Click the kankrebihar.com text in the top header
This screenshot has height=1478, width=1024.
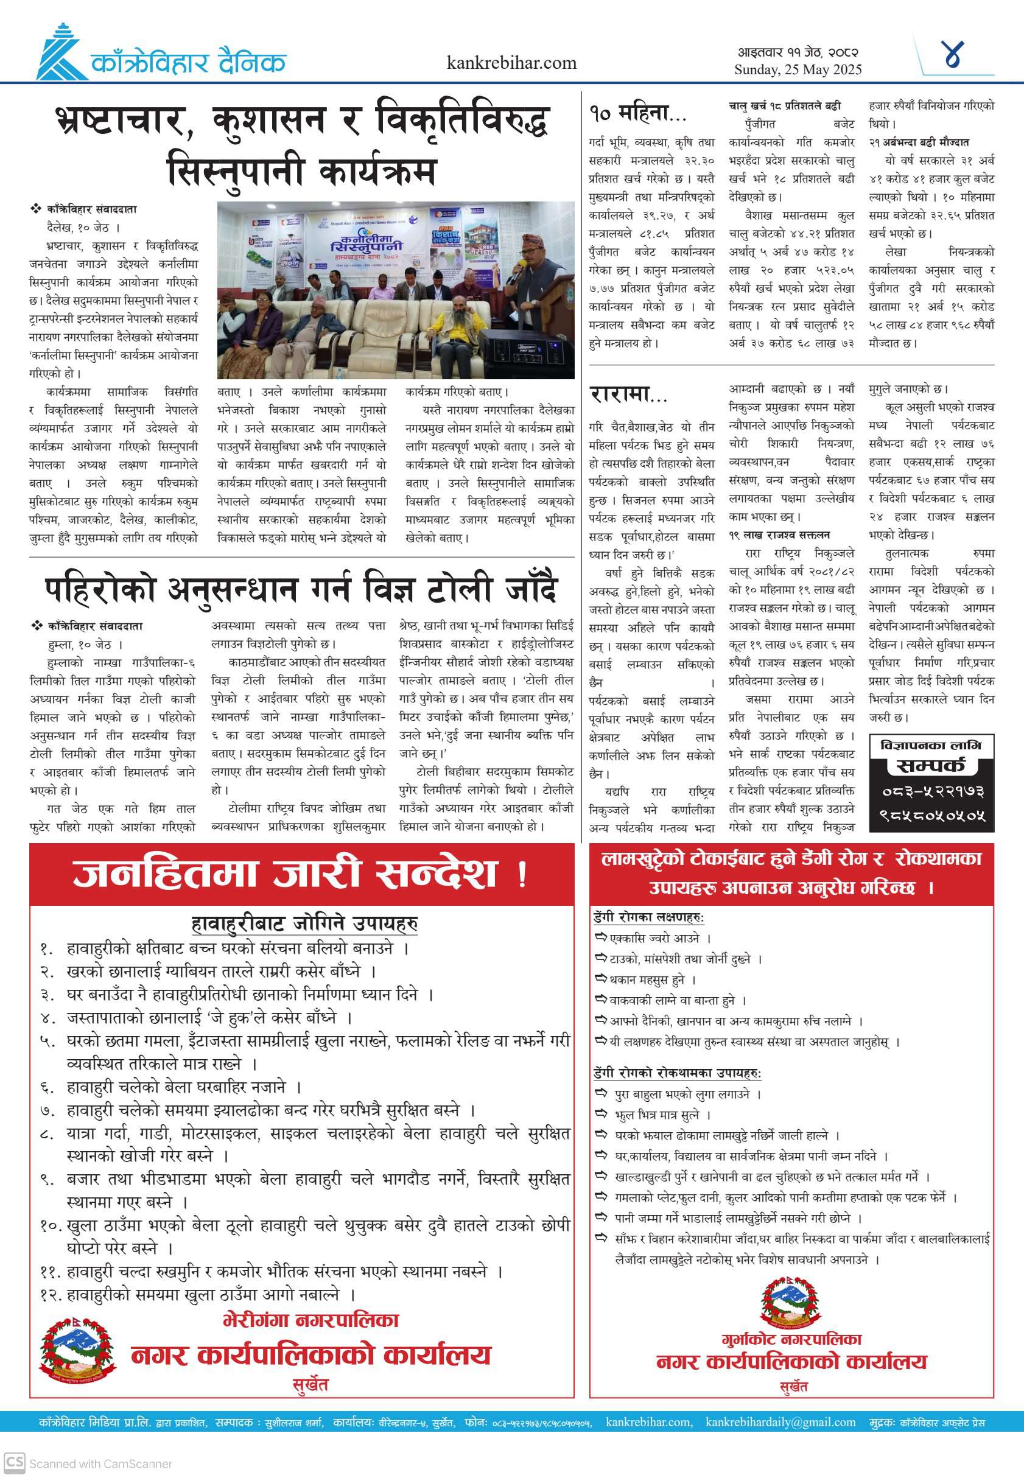click(511, 63)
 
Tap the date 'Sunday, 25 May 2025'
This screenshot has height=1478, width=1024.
click(798, 70)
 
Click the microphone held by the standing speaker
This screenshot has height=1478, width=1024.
click(515, 276)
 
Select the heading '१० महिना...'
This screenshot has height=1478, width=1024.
click(638, 114)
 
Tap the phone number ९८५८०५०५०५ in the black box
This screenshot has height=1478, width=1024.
click(931, 816)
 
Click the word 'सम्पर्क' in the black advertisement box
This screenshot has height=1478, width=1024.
click(931, 765)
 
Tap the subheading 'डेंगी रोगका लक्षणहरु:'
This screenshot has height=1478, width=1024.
click(648, 918)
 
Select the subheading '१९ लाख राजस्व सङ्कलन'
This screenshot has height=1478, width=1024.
click(779, 534)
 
